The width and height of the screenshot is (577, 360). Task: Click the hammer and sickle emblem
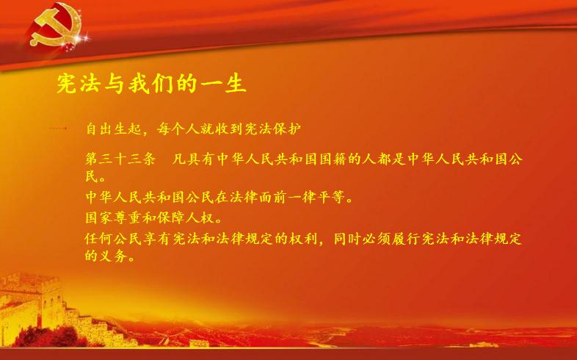point(56,25)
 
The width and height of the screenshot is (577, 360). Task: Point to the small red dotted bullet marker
point(58,129)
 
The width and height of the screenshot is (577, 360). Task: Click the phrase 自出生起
point(113,129)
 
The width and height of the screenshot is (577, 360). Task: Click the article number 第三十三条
point(120,159)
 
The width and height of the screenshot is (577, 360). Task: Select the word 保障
point(171,217)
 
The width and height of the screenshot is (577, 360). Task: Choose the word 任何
point(99,239)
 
